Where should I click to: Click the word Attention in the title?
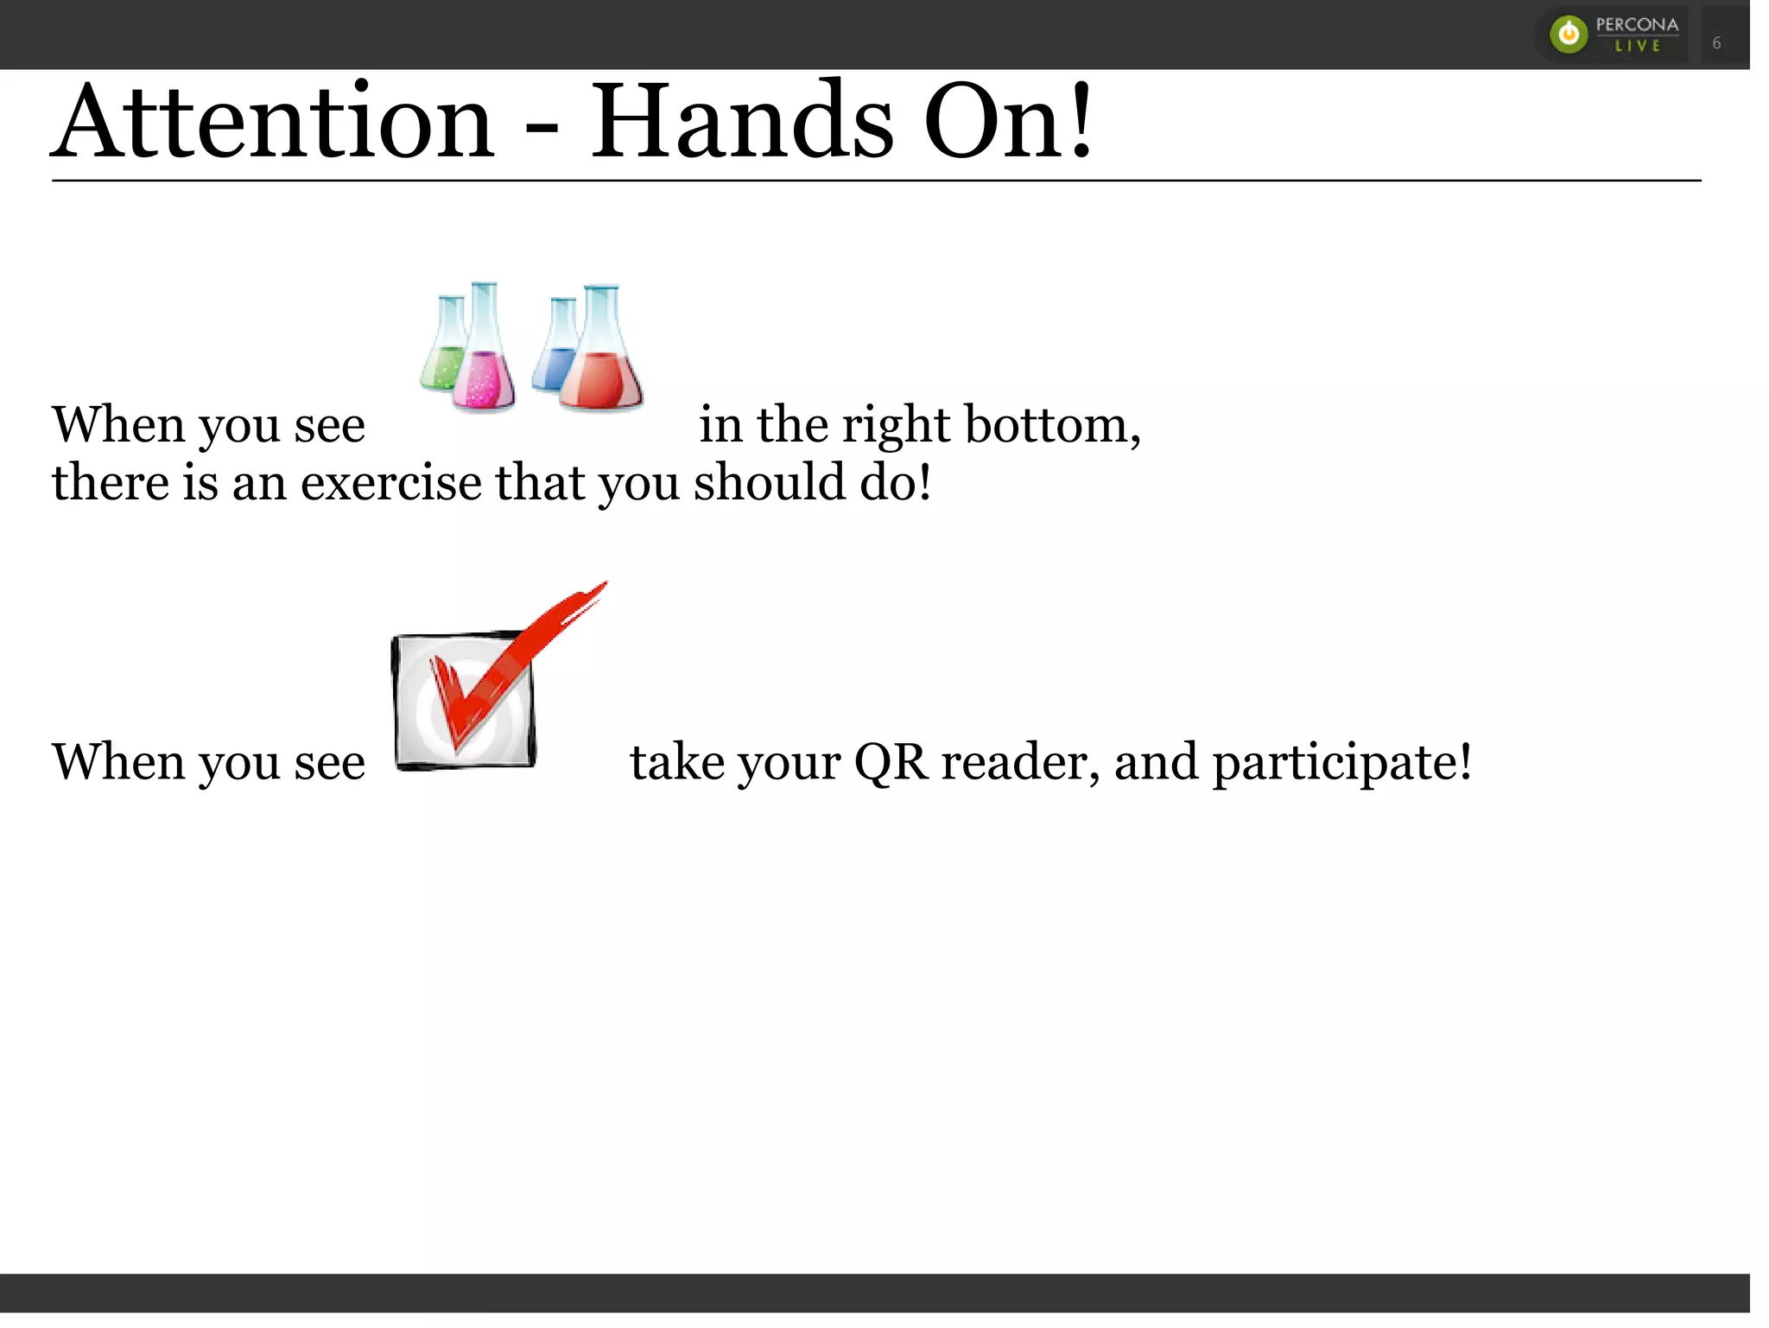point(273,123)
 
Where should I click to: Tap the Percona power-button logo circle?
point(1569,35)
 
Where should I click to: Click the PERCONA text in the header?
point(1637,24)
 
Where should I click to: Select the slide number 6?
point(1716,43)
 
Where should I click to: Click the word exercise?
point(390,482)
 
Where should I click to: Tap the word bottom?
point(1052,425)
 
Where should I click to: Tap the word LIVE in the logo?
point(1638,47)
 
